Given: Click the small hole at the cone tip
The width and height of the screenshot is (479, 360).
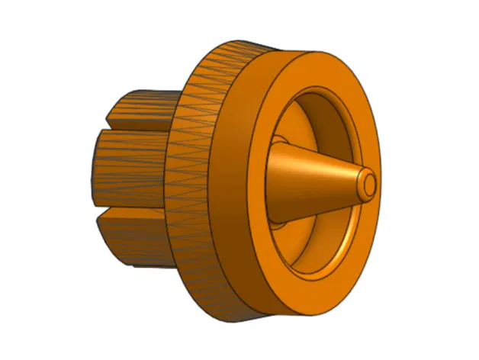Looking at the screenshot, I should click(x=369, y=184).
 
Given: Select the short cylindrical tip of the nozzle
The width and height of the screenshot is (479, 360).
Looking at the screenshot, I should click(x=362, y=185).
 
